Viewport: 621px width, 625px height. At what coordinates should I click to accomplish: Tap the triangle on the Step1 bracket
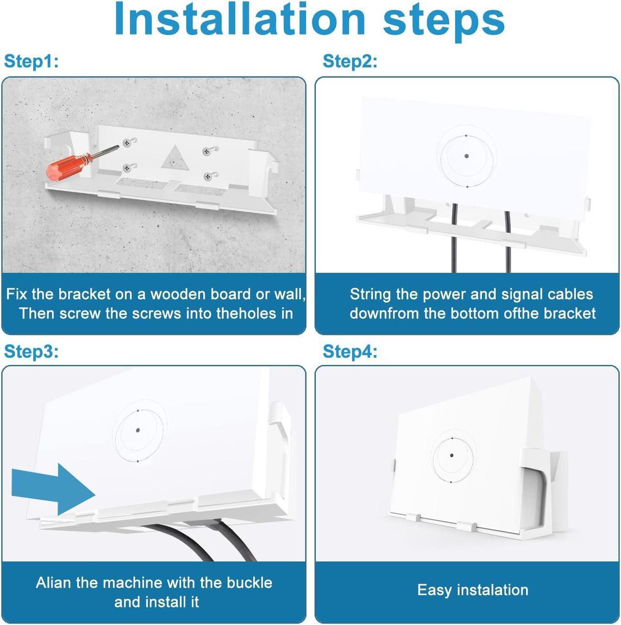175,159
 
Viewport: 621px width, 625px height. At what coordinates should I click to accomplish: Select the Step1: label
31,61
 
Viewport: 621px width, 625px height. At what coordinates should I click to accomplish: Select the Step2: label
350,61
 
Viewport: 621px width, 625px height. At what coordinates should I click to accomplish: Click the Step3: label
31,351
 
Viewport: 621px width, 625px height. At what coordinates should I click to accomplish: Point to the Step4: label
350,351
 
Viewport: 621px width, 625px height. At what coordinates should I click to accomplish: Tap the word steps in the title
443,21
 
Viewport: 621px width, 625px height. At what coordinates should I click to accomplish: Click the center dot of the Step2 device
466,156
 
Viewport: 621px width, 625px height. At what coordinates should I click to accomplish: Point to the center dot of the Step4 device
452,456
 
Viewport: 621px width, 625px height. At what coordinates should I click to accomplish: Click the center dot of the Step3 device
138,430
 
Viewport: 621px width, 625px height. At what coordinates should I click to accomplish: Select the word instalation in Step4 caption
492,589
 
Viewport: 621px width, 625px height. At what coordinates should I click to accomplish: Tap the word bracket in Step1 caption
84,294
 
